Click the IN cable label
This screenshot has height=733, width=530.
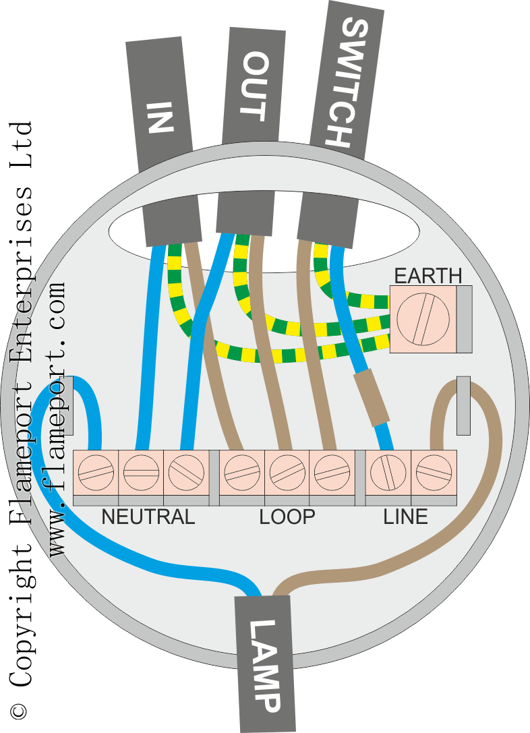(160, 116)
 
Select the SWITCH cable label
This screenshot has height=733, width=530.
(346, 81)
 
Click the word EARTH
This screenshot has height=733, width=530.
(428, 276)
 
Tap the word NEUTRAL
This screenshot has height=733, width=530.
(148, 517)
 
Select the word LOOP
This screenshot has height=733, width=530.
(287, 517)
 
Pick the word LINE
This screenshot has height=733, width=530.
(405, 517)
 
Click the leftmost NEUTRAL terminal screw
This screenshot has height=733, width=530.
(95, 471)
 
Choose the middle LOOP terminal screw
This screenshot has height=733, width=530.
(287, 471)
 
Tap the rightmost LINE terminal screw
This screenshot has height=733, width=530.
(434, 471)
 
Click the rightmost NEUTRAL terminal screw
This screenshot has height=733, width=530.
(185, 471)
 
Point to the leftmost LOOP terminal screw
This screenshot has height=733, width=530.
(242, 471)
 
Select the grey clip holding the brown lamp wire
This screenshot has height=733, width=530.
(463, 405)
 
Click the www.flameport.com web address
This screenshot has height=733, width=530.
(59, 418)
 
